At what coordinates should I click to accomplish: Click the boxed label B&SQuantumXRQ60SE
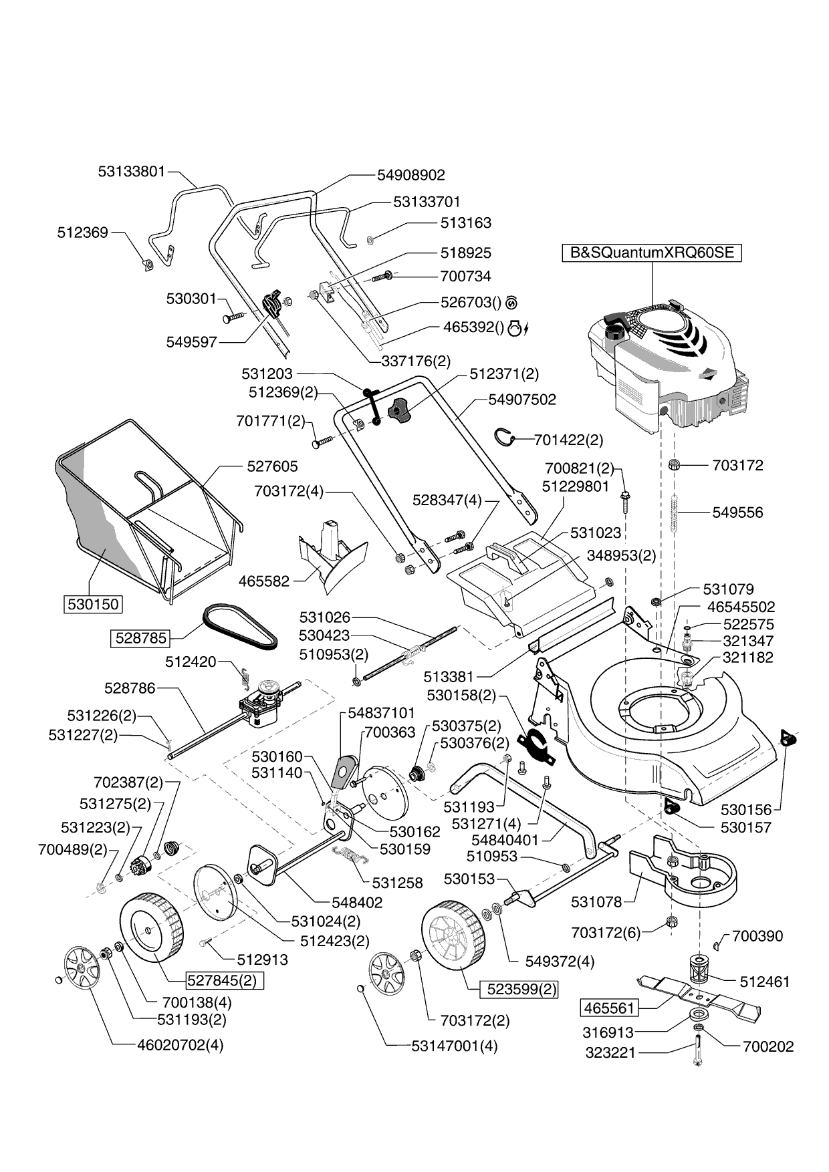[x=651, y=253]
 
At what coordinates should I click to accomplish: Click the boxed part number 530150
[x=93, y=605]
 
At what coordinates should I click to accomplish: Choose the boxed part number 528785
[x=140, y=638]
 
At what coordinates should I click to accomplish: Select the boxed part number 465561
[x=610, y=1007]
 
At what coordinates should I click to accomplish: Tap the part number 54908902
[x=410, y=175]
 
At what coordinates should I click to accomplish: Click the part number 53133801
[x=131, y=171]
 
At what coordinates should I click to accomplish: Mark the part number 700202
[x=768, y=1047]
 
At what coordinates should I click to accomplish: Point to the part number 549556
[x=737, y=512]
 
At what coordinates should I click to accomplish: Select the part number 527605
[x=272, y=466]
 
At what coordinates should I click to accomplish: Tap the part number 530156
[x=745, y=810]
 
